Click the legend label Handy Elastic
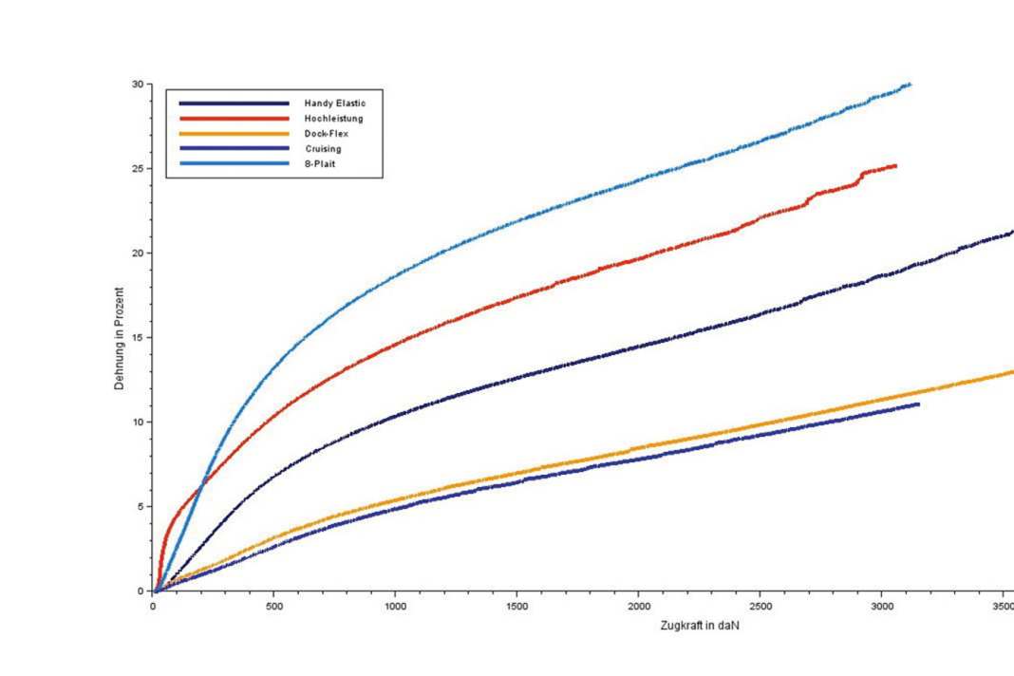335,103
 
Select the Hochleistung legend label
333,119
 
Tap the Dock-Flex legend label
326,134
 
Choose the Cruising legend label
323,149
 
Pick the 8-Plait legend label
321,163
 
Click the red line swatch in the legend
234,119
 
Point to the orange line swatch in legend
234,134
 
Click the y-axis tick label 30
138,84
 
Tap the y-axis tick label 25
138,169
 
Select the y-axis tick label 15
138,338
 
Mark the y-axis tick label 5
141,506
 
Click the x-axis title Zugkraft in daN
700,627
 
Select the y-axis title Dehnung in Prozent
120,338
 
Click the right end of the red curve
895,166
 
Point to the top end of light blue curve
910,84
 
